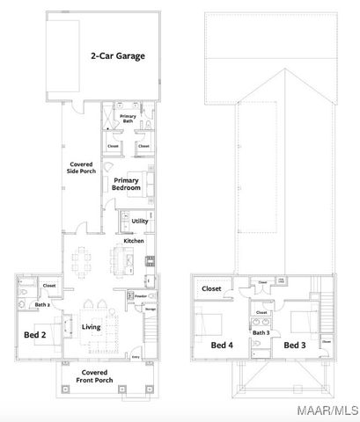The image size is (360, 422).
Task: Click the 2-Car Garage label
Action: tap(117, 55)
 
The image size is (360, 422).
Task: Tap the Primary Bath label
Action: tap(128, 119)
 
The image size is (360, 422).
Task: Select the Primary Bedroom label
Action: tap(126, 185)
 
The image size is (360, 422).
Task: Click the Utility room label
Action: tap(140, 221)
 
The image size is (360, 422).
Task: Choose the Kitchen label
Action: tap(133, 240)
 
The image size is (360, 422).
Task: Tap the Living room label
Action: tap(92, 327)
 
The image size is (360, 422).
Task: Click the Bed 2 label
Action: tap(34, 334)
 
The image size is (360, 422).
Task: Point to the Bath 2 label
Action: tap(40, 305)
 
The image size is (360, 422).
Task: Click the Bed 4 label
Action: tap(222, 346)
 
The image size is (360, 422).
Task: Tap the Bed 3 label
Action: tap(295, 346)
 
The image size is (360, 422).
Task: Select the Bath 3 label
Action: tap(261, 333)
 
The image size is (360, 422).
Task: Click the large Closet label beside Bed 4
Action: tap(211, 288)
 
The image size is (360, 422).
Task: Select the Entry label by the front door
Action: tap(136, 356)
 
